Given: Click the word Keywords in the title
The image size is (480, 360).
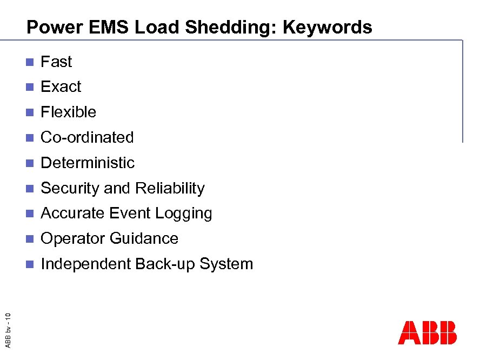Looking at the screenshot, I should tap(327, 27).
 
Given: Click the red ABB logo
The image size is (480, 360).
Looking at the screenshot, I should tap(427, 333).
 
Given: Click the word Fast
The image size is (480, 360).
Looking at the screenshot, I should tap(56, 62).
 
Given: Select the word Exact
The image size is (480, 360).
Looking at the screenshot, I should tap(61, 86).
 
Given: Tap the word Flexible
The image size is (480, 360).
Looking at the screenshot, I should tap(69, 112).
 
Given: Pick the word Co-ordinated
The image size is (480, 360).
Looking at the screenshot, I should tap(87, 137).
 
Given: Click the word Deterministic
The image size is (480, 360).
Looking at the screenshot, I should tap(88, 163).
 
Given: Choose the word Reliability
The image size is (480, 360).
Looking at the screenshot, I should tap(170, 188).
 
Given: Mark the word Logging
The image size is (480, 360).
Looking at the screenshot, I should tap(184, 214).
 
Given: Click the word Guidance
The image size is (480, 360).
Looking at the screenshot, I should tap(144, 238).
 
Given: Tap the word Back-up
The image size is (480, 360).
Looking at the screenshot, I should tap(165, 264).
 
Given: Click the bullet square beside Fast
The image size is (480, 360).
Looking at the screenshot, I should tap(30, 62).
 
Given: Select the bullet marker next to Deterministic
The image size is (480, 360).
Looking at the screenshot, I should tap(30, 163).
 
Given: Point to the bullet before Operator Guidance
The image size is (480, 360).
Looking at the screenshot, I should tap(30, 239).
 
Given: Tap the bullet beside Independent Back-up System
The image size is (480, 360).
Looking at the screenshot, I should tap(30, 264).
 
